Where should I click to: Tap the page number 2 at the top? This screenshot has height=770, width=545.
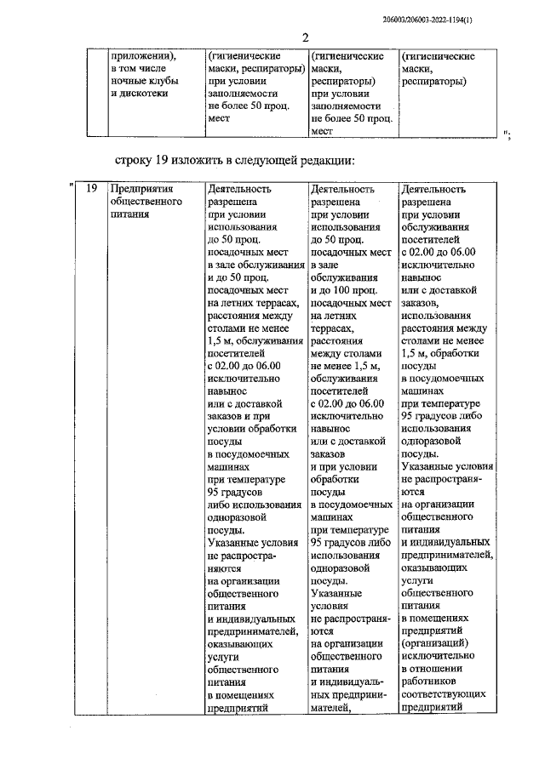click(x=304, y=37)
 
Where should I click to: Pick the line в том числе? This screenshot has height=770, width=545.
click(x=139, y=69)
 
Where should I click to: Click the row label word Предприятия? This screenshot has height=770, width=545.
click(x=142, y=190)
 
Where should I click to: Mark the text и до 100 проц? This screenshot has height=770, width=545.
click(x=346, y=289)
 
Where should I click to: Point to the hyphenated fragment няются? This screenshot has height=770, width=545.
click(x=227, y=568)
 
